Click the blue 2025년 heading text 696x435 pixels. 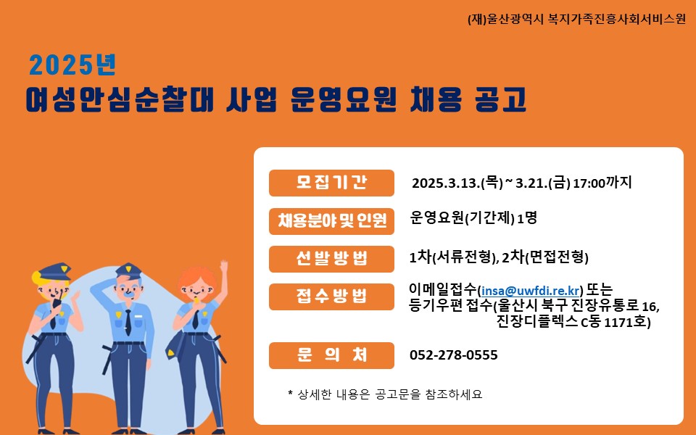point(72,65)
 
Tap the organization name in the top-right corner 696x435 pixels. point(576,19)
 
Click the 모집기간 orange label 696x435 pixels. point(331,183)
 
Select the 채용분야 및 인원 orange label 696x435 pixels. point(331,220)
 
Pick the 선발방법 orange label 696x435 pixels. point(331,259)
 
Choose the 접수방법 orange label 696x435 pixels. point(331,297)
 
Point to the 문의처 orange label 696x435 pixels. point(331,355)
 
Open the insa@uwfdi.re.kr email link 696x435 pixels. point(531,291)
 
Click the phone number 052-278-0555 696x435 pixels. point(454,355)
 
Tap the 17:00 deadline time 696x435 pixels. point(589,183)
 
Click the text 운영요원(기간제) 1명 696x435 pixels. point(473,218)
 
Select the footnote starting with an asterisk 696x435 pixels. point(385,394)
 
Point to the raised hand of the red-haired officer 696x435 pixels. point(224,267)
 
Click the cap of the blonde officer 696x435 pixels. point(54,271)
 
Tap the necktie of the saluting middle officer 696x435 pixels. point(128,322)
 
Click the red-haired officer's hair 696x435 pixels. point(196,278)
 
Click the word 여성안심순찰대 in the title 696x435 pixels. point(120,99)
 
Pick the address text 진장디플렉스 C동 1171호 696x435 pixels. point(573,321)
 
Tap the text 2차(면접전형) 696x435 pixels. point(545,257)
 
